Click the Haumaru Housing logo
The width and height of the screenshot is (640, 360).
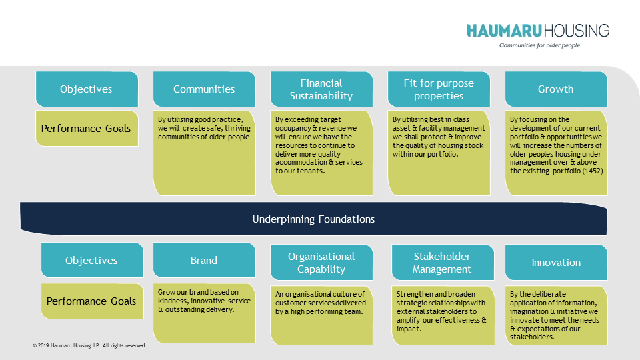pos(537,31)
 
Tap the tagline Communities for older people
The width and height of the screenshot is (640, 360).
pos(539,45)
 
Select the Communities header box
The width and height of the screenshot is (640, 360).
pos(204,89)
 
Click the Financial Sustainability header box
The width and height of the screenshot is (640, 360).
pos(321,89)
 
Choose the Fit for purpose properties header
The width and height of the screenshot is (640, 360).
pos(439,89)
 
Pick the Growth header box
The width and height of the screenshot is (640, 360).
pos(556,89)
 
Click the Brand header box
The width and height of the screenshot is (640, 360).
pos(204,261)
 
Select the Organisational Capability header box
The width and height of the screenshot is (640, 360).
pos(321,263)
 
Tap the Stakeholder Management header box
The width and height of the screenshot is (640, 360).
pos(441,263)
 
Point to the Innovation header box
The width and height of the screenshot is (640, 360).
pos(556,263)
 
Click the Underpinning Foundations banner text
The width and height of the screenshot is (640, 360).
pos(313,219)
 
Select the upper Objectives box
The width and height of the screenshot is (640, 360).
pos(86,89)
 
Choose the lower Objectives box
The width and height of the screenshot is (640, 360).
pos(91,261)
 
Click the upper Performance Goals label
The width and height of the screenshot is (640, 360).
pos(86,128)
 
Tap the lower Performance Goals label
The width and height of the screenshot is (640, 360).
pos(91,301)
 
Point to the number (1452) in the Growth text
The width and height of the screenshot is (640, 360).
pos(592,171)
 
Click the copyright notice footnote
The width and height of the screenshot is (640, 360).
pos(89,346)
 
